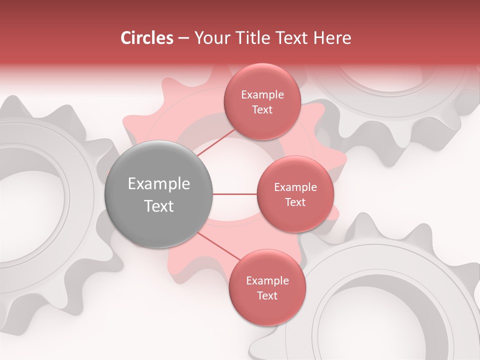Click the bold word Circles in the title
tap(146, 38)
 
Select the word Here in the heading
tap(331, 38)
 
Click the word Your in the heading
tap(210, 38)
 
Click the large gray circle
tap(158, 194)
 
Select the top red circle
tap(262, 101)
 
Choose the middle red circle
tap(295, 194)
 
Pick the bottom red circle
tap(267, 287)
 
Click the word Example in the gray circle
tap(158, 184)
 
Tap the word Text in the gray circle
tap(158, 206)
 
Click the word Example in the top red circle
tap(262, 94)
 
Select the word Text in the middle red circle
tap(295, 202)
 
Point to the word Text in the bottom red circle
tap(267, 295)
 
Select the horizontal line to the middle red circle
tap(234, 194)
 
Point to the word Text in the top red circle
tap(262, 109)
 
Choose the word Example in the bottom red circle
tap(267, 280)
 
